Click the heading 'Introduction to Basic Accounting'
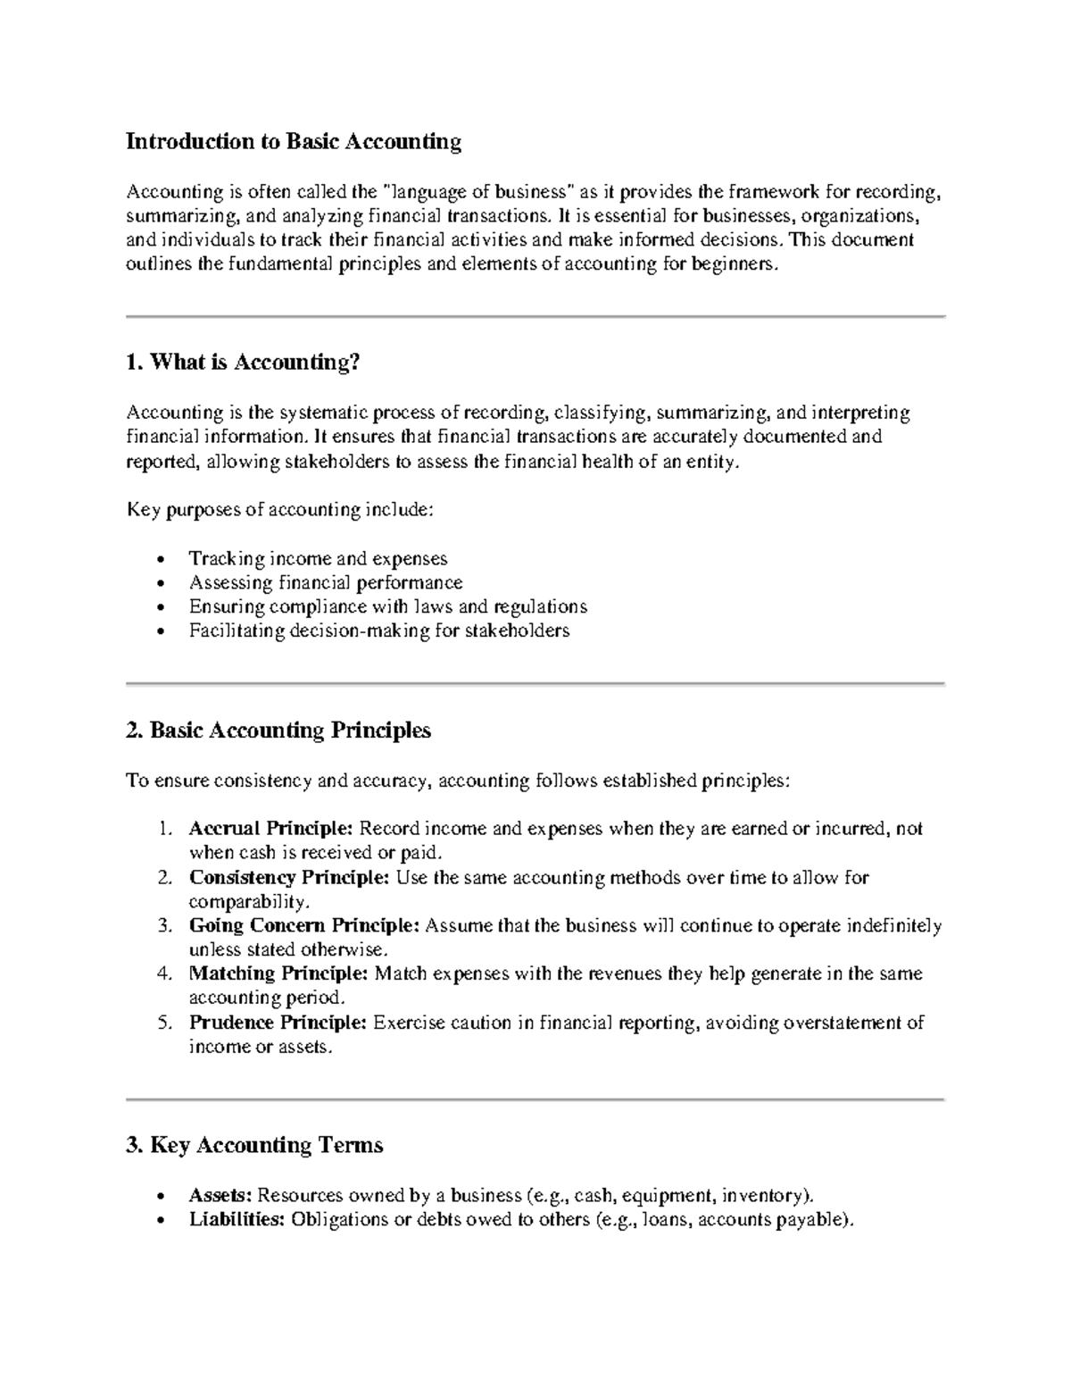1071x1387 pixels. [294, 142]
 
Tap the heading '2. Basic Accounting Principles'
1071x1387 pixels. [278, 731]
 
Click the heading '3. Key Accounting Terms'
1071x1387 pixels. [255, 1145]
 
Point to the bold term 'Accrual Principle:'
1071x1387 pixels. [271, 829]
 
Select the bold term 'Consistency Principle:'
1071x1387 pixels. [289, 878]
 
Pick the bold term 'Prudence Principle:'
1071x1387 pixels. [278, 1023]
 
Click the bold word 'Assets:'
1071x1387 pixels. [220, 1196]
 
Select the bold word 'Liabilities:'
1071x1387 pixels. [237, 1220]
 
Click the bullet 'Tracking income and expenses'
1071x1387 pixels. [318, 559]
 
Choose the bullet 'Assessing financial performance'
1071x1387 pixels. [326, 583]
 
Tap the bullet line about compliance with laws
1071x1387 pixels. [387, 607]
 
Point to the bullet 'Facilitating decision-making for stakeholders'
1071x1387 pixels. [378, 631]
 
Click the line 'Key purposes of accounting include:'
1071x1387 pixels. [280, 510]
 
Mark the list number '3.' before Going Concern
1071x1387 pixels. [164, 926]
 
